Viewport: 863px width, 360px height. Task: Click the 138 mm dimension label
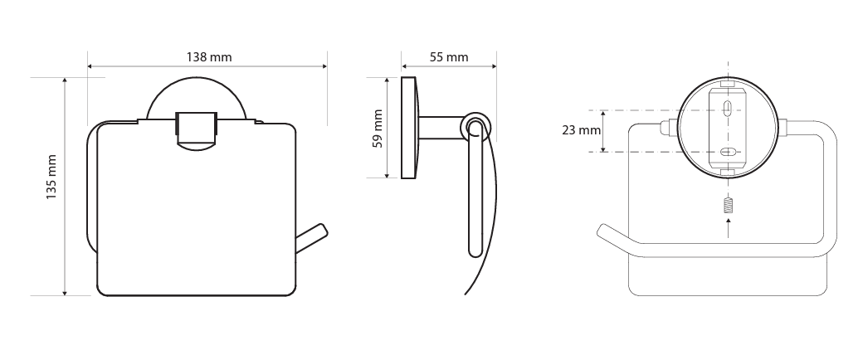click(x=209, y=56)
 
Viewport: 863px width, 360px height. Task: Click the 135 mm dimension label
click(x=51, y=177)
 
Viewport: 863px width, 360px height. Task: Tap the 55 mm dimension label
click(x=449, y=56)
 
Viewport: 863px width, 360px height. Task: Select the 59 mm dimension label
click(x=378, y=129)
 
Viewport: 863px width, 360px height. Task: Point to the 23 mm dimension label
click(x=581, y=130)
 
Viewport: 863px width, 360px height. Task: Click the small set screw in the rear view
click(x=729, y=206)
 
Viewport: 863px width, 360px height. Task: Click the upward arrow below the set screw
click(x=729, y=228)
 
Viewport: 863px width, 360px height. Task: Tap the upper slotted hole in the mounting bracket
click(x=728, y=107)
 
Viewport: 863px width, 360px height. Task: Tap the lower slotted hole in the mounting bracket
click(x=728, y=152)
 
